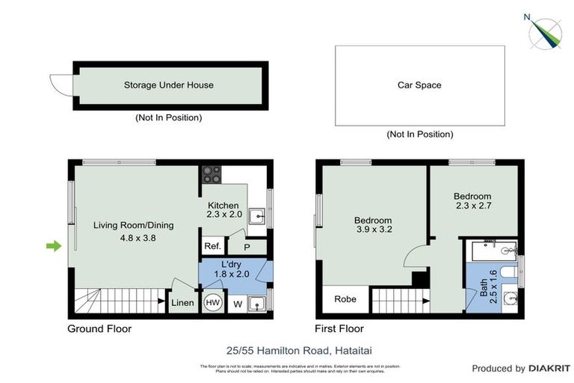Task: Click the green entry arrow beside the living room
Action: (x=54, y=245)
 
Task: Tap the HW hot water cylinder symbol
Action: (x=212, y=303)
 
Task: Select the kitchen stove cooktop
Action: (x=212, y=174)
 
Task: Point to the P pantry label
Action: (x=247, y=246)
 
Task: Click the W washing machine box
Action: (x=238, y=304)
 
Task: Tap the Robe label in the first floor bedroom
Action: (x=345, y=299)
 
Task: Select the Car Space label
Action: (x=419, y=85)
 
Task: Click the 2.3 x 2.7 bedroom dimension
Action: (x=472, y=204)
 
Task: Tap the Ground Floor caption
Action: (x=99, y=328)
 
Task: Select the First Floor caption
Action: (x=340, y=328)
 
